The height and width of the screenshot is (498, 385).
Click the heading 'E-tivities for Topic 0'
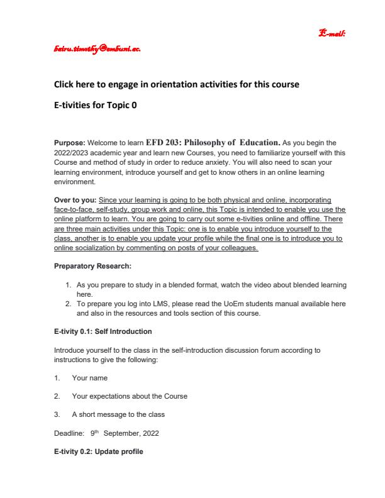pos(94,106)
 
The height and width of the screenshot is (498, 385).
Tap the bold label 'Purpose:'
pos(68,143)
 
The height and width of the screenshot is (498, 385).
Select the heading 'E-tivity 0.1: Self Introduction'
pos(103,331)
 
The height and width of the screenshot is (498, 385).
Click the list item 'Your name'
pos(89,378)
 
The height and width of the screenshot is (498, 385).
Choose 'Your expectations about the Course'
pos(129,396)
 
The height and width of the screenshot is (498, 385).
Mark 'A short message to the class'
pos(119,414)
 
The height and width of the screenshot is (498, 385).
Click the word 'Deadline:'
pos(69,433)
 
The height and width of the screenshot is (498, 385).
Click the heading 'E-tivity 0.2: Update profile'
pos(98,451)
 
